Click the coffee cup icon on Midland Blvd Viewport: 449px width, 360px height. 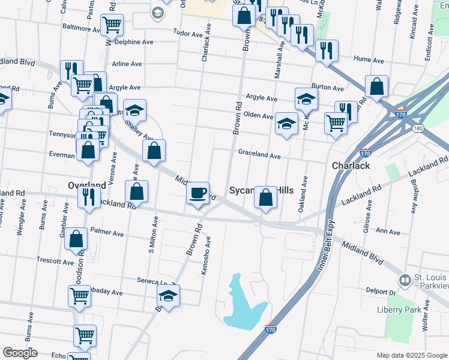(197, 193)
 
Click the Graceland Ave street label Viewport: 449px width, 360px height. (259, 155)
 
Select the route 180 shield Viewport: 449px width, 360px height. (417, 129)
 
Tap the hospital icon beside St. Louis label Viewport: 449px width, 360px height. (405, 280)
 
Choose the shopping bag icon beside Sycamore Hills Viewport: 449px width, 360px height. (265, 197)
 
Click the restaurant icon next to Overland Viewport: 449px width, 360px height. (89, 196)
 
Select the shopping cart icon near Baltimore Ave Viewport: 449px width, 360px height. (112, 26)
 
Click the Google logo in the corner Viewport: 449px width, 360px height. (20, 352)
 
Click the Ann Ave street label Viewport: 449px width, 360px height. (387, 232)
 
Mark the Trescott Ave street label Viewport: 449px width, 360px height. (55, 262)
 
